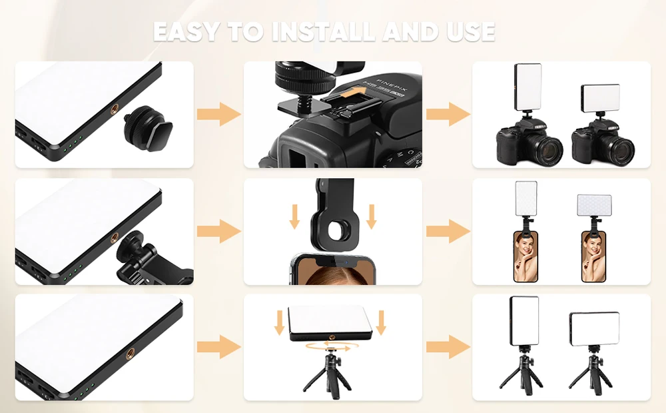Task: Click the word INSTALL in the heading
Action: (324, 32)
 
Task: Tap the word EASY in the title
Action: (187, 32)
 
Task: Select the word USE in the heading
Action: (471, 32)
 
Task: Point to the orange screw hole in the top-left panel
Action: (115, 110)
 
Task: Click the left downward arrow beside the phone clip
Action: (294, 216)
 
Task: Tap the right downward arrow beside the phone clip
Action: (372, 216)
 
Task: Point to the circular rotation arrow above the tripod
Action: (328, 348)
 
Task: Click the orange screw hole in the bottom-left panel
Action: (131, 352)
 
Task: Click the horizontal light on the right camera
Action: (600, 97)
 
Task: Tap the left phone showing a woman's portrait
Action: (526, 256)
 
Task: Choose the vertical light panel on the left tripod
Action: (524, 321)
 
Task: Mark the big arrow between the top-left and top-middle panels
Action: (219, 114)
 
